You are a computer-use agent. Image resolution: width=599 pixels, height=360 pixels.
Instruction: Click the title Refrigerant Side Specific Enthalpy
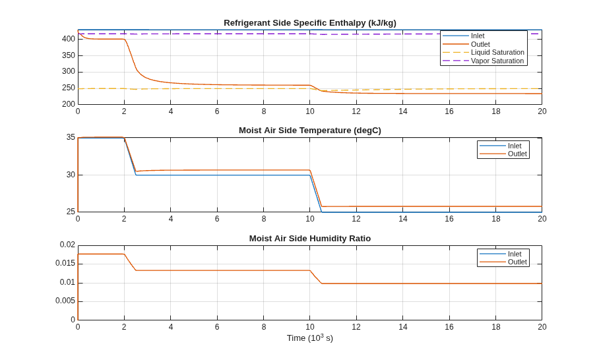(310, 23)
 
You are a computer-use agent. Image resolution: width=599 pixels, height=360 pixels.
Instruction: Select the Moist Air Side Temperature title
(310, 131)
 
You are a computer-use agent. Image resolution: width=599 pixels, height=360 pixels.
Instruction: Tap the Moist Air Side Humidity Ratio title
(310, 239)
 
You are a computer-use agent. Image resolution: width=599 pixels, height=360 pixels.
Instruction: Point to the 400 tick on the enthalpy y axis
(69, 39)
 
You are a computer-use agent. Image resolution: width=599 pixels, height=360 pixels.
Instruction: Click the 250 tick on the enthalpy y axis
(69, 88)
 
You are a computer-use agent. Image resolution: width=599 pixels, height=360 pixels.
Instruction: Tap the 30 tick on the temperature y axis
(71, 175)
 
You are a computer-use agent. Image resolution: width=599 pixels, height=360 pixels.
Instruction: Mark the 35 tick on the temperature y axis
(71, 137)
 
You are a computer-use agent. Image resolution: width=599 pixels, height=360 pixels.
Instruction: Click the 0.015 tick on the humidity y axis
(65, 264)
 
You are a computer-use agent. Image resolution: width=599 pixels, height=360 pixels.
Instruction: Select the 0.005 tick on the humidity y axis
(65, 301)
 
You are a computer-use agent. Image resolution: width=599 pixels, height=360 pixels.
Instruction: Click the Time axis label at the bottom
(310, 338)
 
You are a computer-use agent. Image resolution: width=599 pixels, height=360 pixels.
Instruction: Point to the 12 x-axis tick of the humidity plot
(356, 327)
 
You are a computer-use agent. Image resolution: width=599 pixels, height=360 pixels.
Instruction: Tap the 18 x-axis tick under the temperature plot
(495, 219)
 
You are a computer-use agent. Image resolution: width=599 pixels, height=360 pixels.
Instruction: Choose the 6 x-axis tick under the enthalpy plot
(217, 111)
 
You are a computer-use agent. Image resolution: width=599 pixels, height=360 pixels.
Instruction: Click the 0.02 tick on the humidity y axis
(67, 245)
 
